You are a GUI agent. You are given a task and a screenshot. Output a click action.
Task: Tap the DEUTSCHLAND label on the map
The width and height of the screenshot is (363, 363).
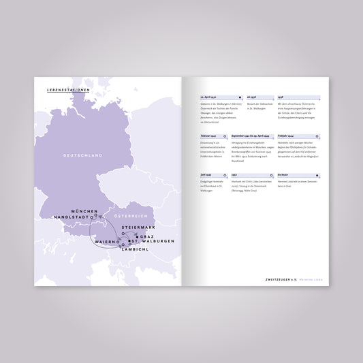(83, 156)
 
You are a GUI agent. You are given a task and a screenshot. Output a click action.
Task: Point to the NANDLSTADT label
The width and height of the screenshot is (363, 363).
(76, 217)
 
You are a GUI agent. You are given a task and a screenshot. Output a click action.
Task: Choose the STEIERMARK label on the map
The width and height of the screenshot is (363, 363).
(138, 227)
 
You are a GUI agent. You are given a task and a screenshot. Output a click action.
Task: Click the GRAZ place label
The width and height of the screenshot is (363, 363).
(147, 236)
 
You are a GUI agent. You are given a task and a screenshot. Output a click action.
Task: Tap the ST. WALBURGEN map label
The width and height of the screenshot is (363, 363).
(153, 242)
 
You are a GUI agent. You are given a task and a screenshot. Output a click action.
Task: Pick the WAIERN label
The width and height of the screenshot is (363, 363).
(107, 242)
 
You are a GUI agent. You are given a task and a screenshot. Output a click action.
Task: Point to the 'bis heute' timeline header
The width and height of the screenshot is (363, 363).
(283, 175)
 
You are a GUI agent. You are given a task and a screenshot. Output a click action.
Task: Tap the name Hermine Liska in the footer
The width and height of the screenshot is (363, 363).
(311, 279)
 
